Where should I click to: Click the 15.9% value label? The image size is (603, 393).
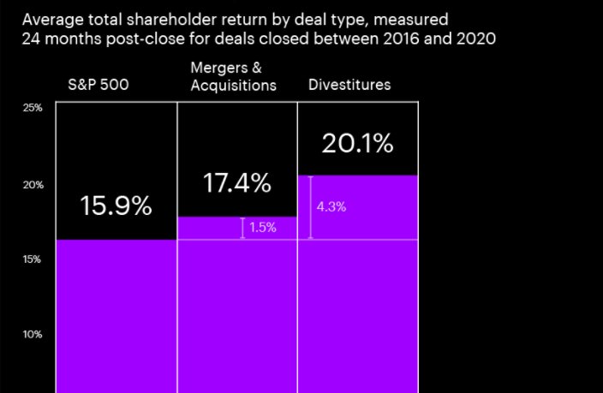(116, 206)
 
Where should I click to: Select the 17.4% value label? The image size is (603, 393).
(237, 183)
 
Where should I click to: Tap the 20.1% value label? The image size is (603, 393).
(357, 144)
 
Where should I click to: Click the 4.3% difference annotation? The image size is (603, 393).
(331, 207)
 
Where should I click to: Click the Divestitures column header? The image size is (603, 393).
(349, 85)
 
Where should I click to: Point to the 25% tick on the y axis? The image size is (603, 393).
(33, 109)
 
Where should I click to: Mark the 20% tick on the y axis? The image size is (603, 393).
(33, 184)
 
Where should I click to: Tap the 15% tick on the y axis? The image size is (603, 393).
(33, 259)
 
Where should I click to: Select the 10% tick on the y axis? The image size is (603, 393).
(33, 335)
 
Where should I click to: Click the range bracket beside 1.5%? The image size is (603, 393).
(243, 228)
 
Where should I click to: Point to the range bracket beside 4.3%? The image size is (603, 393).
(310, 207)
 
